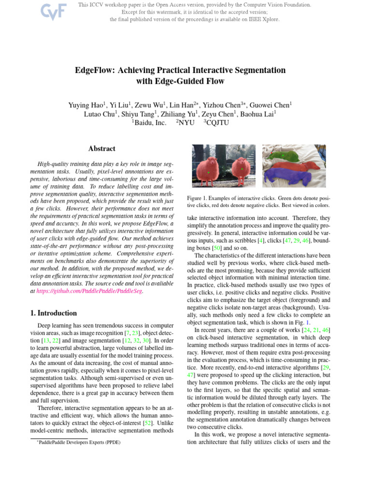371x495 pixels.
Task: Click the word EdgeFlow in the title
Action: pyautogui.click(x=94, y=70)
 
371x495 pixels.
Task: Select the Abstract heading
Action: pyautogui.click(x=102, y=149)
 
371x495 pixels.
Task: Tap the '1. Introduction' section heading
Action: pyautogui.click(x=54, y=313)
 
